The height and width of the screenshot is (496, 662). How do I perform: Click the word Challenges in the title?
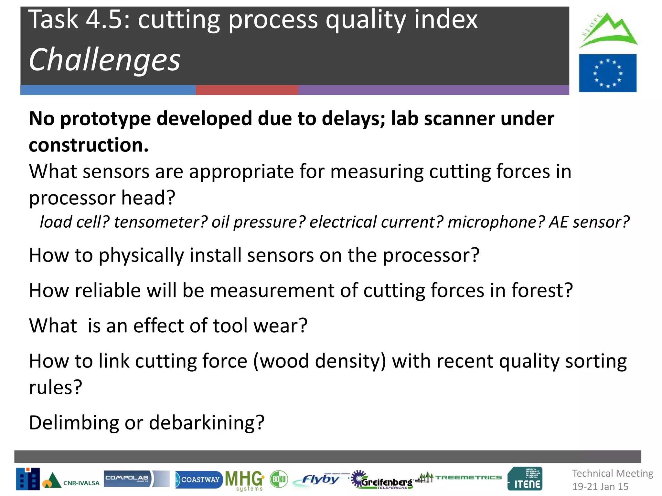[x=104, y=60]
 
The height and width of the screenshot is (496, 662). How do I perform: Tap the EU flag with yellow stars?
[x=607, y=73]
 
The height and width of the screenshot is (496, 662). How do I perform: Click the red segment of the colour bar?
[x=247, y=90]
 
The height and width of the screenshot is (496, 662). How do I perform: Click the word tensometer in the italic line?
[x=160, y=222]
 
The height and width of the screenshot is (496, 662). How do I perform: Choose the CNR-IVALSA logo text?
[x=81, y=483]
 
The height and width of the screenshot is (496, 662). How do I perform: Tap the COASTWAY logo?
[x=198, y=480]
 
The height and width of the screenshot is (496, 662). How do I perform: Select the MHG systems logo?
[x=245, y=480]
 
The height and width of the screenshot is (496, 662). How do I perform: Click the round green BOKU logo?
[x=279, y=479]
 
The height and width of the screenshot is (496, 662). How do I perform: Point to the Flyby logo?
[x=320, y=479]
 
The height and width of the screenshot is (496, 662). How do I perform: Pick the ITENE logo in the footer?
[x=525, y=479]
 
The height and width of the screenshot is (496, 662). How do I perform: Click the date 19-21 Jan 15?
[x=600, y=486]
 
